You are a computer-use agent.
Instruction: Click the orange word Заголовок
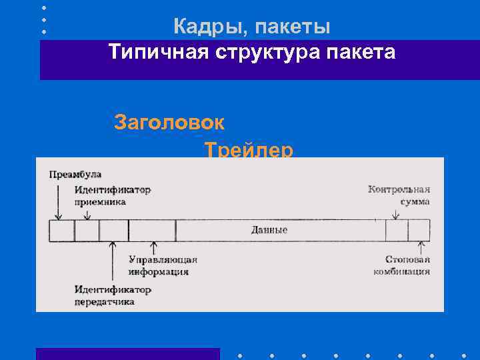(x=169, y=123)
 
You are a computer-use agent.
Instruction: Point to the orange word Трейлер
(x=249, y=150)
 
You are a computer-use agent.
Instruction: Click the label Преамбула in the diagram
(x=75, y=175)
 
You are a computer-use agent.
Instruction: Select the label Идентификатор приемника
(x=112, y=195)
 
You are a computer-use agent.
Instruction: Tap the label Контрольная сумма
(x=399, y=195)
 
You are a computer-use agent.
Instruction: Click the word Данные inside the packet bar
(x=269, y=230)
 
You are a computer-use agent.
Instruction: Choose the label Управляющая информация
(x=163, y=265)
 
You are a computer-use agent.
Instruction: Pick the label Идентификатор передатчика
(x=113, y=295)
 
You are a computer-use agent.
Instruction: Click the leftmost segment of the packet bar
(x=62, y=231)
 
